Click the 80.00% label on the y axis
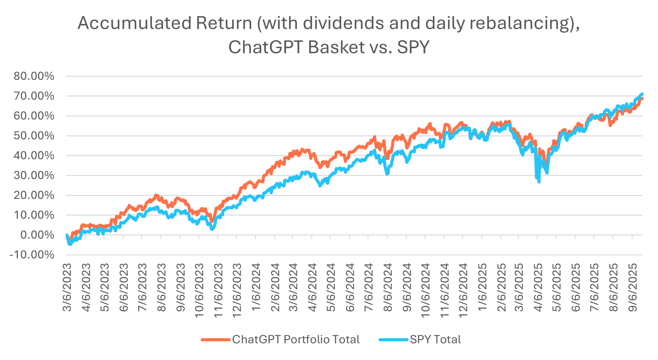tap(34, 76)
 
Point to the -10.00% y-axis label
tap(32, 255)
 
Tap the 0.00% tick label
tap(37, 235)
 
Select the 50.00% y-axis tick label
tap(34, 136)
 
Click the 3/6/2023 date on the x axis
tap(67, 287)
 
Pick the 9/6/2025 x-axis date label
tap(633, 287)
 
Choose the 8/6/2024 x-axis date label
tap(388, 287)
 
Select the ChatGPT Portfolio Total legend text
tap(296, 339)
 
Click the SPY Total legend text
tap(435, 339)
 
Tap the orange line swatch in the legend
tap(215, 340)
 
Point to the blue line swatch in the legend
tap(394, 340)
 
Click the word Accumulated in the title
tap(134, 23)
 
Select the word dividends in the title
tap(343, 23)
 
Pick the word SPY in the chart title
tap(413, 47)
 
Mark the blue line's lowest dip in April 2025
tap(539, 182)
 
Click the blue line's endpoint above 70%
tap(642, 94)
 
